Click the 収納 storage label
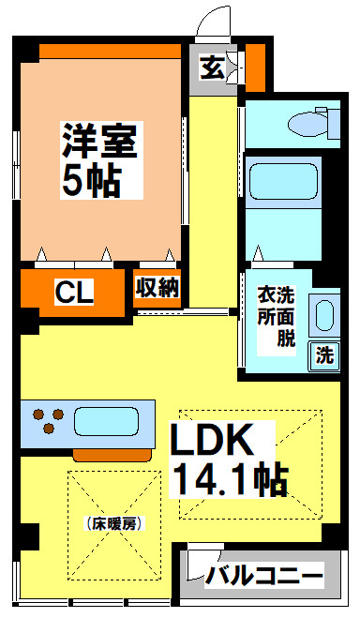tap(157, 287)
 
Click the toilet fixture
tap(314, 123)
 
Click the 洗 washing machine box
tap(323, 355)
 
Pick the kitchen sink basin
tap(105, 419)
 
